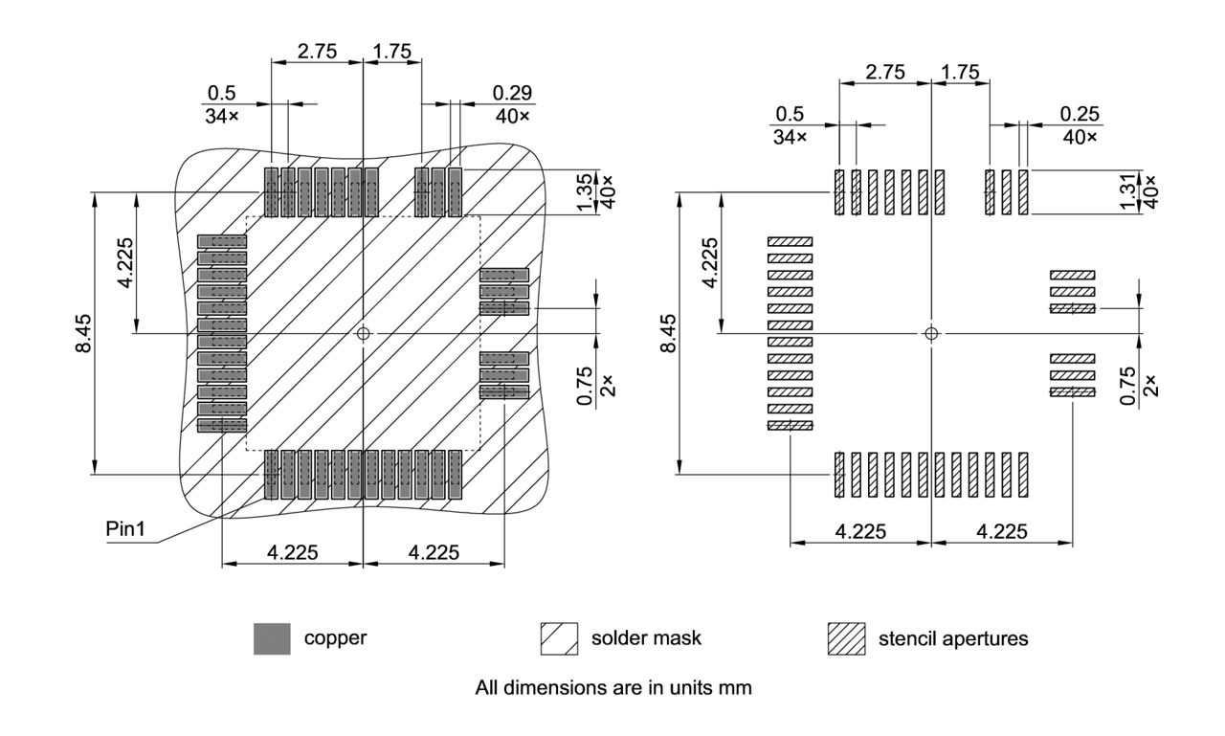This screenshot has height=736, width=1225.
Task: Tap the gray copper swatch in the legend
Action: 272,638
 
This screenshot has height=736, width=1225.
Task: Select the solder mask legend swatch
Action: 560,638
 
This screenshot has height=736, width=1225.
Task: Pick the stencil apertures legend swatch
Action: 845,638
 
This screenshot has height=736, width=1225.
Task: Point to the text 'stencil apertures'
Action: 953,638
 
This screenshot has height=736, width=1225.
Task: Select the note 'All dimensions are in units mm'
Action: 613,688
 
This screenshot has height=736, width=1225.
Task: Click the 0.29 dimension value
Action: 512,93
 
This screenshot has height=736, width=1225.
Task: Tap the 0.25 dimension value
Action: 1080,114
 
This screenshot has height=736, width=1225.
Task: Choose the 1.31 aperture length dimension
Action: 1130,190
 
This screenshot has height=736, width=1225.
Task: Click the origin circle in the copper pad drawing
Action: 363,333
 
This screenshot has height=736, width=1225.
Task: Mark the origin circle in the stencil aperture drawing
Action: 931,333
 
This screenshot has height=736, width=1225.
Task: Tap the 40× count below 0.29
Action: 512,116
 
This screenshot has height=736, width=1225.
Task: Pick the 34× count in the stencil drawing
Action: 790,137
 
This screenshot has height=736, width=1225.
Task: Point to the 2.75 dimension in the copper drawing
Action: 317,52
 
